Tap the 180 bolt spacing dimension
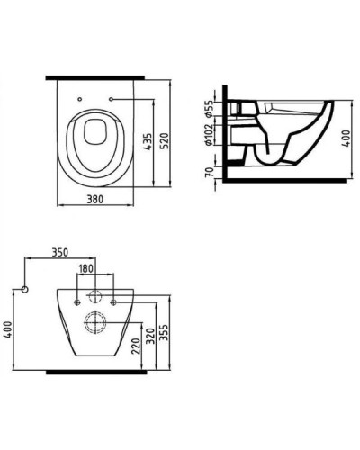pyautogui.click(x=87, y=269)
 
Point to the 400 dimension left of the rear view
pyautogui.click(x=8, y=332)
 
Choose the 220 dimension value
pyautogui.click(x=132, y=346)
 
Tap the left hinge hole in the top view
pyautogui.click(x=78, y=99)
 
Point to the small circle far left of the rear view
pyautogui.click(x=26, y=289)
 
